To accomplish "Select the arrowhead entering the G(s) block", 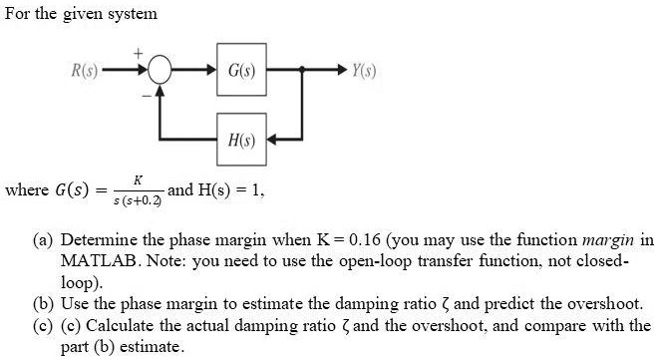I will click(208, 73).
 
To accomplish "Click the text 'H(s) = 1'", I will click(230, 188).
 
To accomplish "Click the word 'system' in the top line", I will click(131, 14).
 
